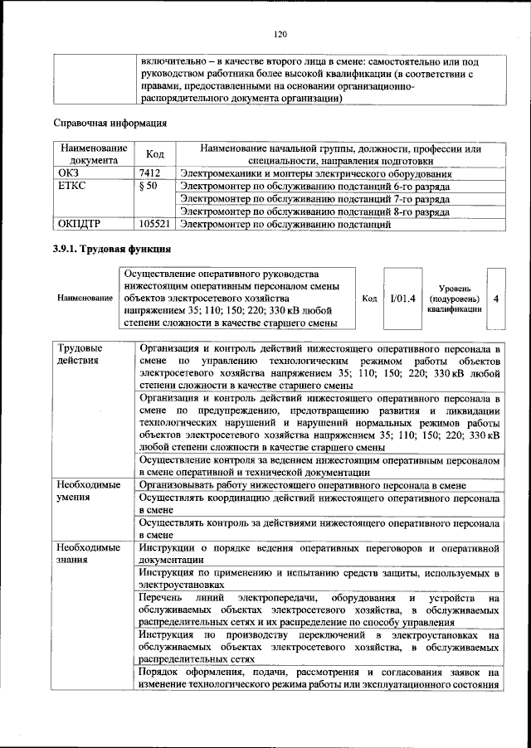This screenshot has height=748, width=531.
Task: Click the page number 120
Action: tap(280, 34)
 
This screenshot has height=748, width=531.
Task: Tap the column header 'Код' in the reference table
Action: tap(154, 154)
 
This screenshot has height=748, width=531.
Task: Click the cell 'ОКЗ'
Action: tap(69, 174)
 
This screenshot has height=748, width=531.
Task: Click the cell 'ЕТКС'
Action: tap(72, 187)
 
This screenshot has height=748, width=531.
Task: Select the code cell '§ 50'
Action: tap(150, 187)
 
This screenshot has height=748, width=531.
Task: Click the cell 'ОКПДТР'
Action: tap(79, 224)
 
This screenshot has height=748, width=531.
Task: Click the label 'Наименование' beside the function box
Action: tap(85, 298)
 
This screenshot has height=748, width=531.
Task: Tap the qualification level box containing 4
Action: tap(495, 298)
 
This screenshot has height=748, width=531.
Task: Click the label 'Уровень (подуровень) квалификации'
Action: tap(453, 298)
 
